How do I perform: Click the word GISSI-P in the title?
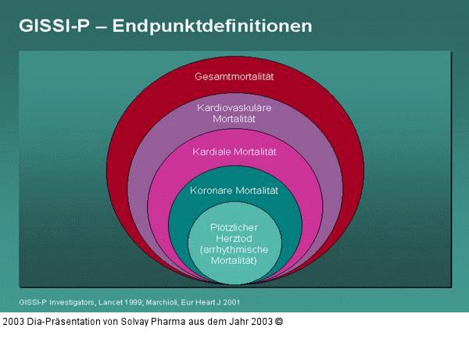click(53, 25)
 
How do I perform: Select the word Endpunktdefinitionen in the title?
click(213, 25)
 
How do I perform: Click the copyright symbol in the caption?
click(278, 321)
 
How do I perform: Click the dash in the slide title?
click(99, 26)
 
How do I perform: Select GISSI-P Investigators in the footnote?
click(56, 301)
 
